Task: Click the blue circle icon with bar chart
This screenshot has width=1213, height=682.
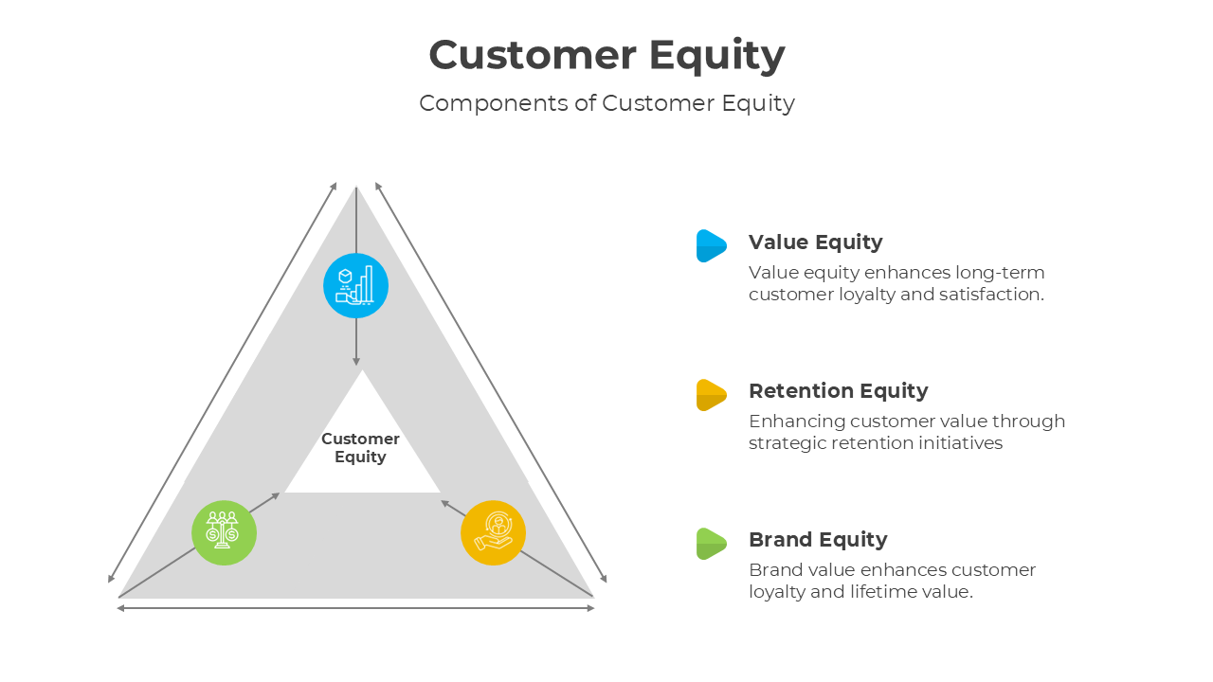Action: click(355, 285)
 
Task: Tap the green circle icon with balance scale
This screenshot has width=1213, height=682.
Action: click(224, 532)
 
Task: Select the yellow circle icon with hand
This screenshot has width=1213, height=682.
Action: click(493, 532)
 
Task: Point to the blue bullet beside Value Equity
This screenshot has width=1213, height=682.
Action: click(711, 245)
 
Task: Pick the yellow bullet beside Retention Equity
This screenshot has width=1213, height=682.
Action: click(711, 394)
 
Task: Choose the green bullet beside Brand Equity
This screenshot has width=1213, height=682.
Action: click(711, 543)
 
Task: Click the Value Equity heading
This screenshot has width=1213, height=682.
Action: click(815, 242)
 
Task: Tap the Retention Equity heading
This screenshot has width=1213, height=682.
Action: click(838, 391)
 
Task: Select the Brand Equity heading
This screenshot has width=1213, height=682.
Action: click(818, 540)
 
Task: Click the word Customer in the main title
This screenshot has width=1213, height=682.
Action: click(532, 55)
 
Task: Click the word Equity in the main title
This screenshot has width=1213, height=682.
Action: click(717, 55)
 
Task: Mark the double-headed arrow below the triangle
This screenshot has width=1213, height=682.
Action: click(355, 608)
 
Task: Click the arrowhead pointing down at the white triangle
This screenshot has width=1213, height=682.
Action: click(356, 360)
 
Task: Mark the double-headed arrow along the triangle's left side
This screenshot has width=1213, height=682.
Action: click(222, 383)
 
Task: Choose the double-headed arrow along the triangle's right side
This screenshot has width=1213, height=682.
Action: click(491, 383)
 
